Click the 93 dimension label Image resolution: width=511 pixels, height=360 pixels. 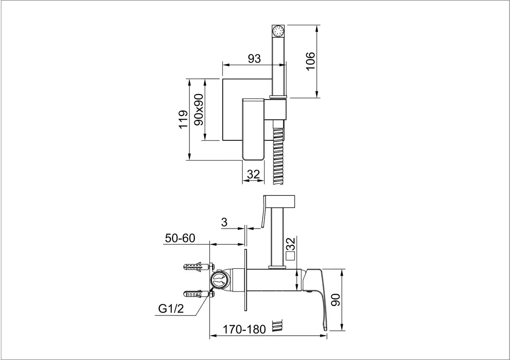coord(254,58)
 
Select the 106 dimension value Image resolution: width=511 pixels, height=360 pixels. coord(310,61)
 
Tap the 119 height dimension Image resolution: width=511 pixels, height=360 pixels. coord(184,120)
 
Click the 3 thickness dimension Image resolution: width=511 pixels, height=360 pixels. coord(224,222)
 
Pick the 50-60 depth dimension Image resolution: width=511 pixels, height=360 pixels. coord(180,238)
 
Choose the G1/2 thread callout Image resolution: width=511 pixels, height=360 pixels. coord(171,308)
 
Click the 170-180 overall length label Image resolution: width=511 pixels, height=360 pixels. coord(244,329)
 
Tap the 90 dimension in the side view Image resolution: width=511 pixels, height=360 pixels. coord(336,300)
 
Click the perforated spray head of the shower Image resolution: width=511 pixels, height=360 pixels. coord(278,31)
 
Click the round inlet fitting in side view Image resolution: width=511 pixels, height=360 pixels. coord(218,280)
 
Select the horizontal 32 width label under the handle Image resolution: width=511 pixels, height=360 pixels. coord(254,175)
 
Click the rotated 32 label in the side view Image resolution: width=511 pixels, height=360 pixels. coord(290,243)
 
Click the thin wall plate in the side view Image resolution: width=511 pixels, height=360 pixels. coord(245,280)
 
